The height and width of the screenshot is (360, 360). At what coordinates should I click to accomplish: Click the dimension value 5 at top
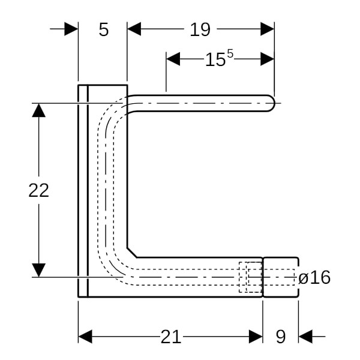tap(104, 29)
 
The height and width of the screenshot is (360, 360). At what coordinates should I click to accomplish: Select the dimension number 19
tap(200, 29)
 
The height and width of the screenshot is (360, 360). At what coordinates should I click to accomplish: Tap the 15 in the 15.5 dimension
tap(215, 60)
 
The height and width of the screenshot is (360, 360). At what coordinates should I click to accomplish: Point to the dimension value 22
tap(38, 190)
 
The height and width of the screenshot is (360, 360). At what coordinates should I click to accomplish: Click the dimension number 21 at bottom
tap(170, 337)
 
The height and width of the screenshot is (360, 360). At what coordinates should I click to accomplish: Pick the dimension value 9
tap(280, 337)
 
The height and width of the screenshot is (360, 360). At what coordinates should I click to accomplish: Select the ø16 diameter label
tap(314, 278)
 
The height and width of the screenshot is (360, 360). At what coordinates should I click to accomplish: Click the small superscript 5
tap(230, 55)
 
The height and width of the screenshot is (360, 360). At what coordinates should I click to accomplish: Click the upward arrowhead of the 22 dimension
tap(38, 110)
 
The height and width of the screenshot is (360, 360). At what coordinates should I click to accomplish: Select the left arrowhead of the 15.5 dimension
tap(173, 59)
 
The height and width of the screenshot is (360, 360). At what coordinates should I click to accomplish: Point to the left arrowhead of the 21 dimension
tap(85, 337)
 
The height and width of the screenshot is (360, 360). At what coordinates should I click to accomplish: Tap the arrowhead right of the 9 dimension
tap(305, 337)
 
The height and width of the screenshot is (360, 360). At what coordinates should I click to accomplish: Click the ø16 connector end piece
tap(281, 277)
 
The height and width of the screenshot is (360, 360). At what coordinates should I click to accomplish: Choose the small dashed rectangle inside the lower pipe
tap(250, 277)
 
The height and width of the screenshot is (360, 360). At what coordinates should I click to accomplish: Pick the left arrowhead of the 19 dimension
tap(134, 29)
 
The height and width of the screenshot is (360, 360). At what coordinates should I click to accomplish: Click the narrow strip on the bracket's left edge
tap(83, 190)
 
